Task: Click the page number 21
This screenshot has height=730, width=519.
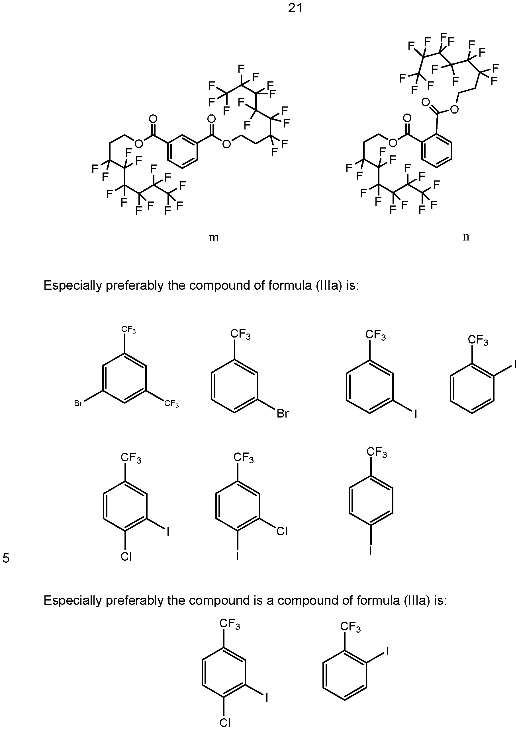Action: (295, 8)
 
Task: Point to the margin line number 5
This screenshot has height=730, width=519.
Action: (6, 558)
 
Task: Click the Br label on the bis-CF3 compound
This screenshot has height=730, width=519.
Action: (78, 403)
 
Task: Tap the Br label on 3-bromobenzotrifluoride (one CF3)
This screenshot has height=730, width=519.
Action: (283, 414)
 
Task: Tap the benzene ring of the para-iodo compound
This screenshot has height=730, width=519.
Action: (371, 500)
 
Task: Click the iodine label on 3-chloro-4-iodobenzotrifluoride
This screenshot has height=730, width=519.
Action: (238, 556)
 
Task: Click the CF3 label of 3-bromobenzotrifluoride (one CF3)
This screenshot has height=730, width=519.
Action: (240, 335)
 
